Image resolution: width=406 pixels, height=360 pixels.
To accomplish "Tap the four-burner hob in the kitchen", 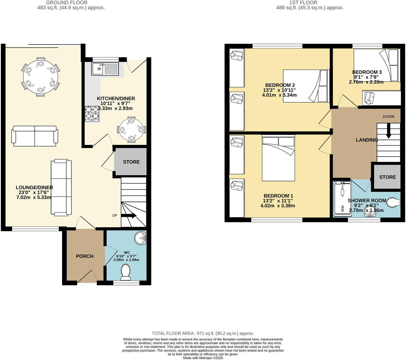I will click(x=92, y=114).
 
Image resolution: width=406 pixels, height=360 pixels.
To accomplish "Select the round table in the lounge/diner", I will click(x=41, y=77).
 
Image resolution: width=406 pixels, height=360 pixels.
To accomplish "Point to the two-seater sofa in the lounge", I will click(x=35, y=136).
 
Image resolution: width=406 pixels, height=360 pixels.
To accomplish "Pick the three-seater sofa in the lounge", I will click(x=61, y=188).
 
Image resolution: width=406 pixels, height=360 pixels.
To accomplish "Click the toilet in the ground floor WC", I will click(x=126, y=272).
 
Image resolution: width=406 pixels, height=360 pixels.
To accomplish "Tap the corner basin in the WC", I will click(x=140, y=238).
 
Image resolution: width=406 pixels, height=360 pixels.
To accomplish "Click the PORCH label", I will click(x=84, y=256).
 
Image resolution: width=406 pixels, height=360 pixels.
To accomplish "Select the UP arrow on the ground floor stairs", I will click(x=129, y=216).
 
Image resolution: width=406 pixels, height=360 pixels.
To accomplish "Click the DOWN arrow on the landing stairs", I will click(x=388, y=132).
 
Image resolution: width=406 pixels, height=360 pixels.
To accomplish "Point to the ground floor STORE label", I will click(x=131, y=162).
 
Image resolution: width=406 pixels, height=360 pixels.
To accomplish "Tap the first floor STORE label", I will click(x=387, y=177).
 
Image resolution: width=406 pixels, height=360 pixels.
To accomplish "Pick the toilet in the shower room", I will click(x=393, y=203).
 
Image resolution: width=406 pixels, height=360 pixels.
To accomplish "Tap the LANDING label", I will click(x=367, y=140).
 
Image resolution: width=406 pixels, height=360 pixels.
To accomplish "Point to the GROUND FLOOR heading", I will click(x=67, y=3).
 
